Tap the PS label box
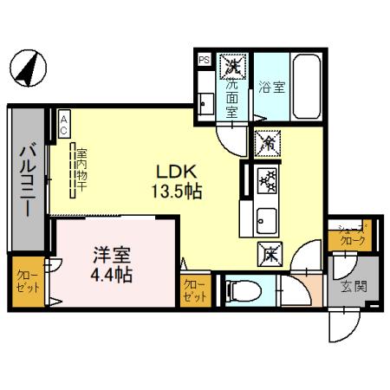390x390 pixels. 204,61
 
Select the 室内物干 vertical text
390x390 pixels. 78,164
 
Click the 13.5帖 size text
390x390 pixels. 179,191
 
